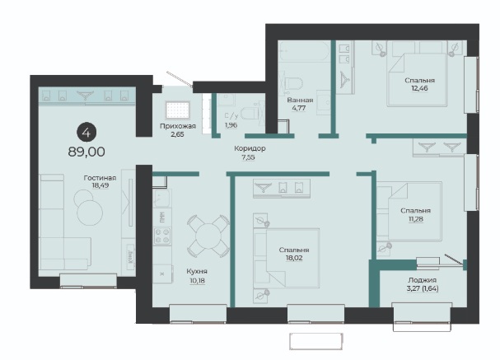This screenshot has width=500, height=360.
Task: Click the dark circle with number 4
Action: coord(86,133)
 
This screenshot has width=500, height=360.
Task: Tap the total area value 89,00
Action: coord(86,152)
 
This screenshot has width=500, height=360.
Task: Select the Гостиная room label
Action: coord(100,178)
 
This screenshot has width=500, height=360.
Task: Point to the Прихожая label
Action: coord(178,126)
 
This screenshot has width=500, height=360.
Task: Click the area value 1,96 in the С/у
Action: coord(231,125)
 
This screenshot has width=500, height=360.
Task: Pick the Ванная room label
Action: coord(300,101)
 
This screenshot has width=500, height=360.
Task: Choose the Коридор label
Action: coord(250,148)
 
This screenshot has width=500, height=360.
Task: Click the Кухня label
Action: coord(197,271)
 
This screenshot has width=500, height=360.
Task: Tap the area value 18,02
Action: coord(294,258)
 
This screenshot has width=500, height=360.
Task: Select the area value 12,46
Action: coord(419,88)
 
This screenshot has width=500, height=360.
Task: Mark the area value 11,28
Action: coord(415,219)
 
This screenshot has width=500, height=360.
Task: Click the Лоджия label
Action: coord(422,280)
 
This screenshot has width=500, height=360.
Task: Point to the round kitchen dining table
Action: coord(208,236)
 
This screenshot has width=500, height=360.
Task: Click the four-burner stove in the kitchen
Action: coord(162,236)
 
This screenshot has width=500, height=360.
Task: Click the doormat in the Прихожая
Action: coord(178,110)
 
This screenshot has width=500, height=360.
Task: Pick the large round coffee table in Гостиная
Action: coord(90,213)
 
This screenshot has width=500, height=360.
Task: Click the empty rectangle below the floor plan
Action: coord(316,342)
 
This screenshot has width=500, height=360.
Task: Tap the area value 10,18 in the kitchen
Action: coord(198,281)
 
